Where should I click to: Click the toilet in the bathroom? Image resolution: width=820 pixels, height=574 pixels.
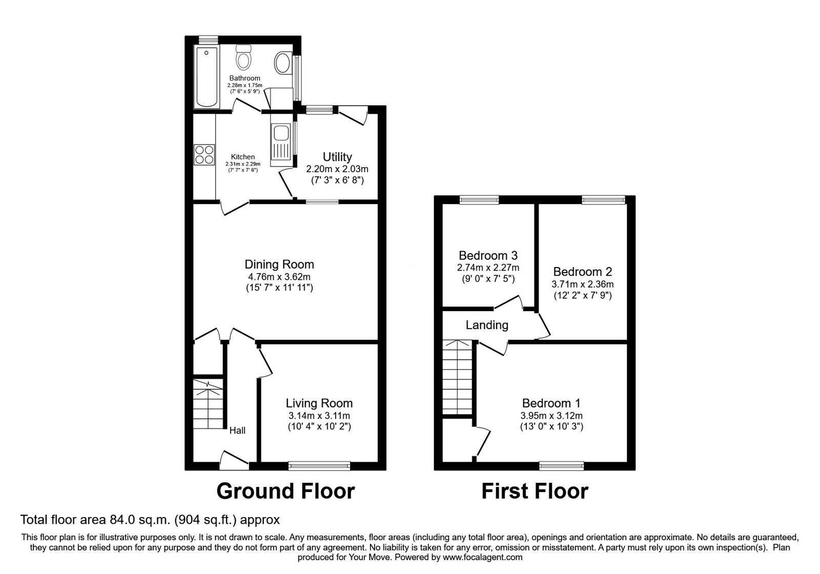pos(243,58)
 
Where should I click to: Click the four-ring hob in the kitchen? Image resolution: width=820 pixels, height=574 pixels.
pos(204,154)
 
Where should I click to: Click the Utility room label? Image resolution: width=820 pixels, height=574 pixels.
pos(337,157)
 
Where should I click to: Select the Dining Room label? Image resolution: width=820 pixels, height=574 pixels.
pos(279,264)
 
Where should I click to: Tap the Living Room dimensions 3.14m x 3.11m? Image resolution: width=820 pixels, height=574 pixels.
pos(319,416)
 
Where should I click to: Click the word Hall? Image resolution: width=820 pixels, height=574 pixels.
pos(237,430)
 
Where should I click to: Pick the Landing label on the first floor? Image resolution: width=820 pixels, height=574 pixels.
pos(487,325)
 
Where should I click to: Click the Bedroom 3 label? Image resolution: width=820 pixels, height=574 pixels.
pos(488,255)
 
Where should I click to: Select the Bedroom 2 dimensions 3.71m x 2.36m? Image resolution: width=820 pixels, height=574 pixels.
pos(582,284)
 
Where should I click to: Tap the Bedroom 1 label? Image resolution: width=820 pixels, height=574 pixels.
pos(551,403)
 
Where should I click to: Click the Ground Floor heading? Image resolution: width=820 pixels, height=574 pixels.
pos(285,491)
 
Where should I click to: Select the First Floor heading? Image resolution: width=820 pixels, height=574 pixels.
pos(535,491)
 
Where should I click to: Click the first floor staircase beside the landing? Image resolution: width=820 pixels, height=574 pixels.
pos(457,379)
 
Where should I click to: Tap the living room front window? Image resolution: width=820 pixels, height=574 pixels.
pos(319,465)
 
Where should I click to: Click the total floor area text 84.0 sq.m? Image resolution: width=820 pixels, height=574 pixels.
pos(150,520)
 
